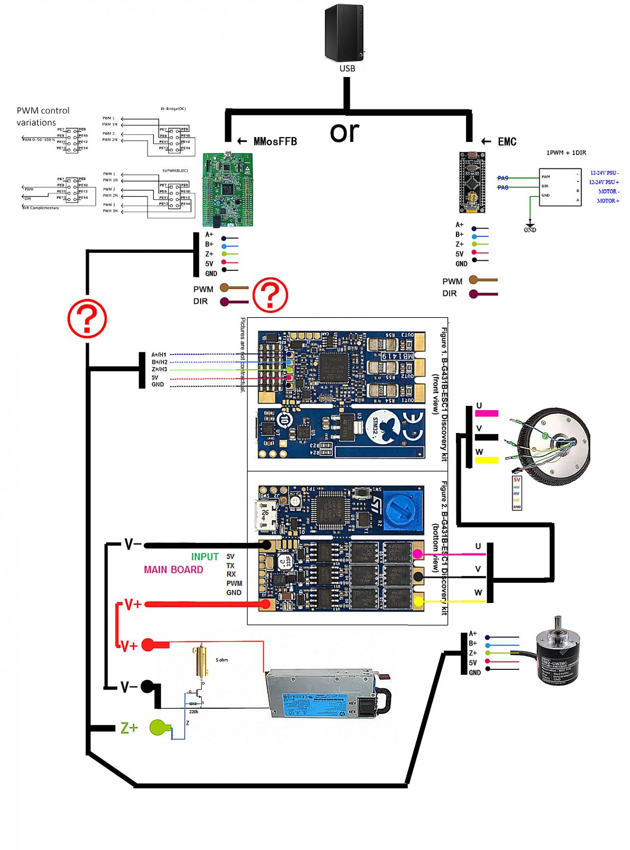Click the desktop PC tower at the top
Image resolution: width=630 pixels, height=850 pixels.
(x=344, y=33)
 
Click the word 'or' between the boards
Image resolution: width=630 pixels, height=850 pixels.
(x=344, y=132)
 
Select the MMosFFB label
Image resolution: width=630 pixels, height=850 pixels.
(x=275, y=141)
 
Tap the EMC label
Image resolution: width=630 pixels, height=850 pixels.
(x=507, y=142)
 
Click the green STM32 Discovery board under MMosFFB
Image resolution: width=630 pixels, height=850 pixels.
(x=228, y=190)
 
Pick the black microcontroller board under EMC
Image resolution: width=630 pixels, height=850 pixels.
(x=472, y=182)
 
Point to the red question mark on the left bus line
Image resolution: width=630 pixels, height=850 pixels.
(x=87, y=319)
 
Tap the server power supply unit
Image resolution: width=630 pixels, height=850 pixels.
(x=326, y=693)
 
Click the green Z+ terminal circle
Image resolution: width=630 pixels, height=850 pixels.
(x=158, y=727)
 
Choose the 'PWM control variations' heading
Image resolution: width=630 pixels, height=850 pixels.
(x=42, y=116)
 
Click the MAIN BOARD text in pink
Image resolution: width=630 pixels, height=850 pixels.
(x=173, y=569)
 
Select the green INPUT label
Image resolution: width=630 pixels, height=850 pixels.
(x=205, y=557)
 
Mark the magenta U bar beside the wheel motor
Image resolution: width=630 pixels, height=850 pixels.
(x=486, y=413)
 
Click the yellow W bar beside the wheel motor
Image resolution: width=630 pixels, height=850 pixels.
(x=486, y=460)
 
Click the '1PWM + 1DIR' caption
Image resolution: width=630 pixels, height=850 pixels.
(x=566, y=153)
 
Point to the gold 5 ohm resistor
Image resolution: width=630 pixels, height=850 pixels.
(x=201, y=661)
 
